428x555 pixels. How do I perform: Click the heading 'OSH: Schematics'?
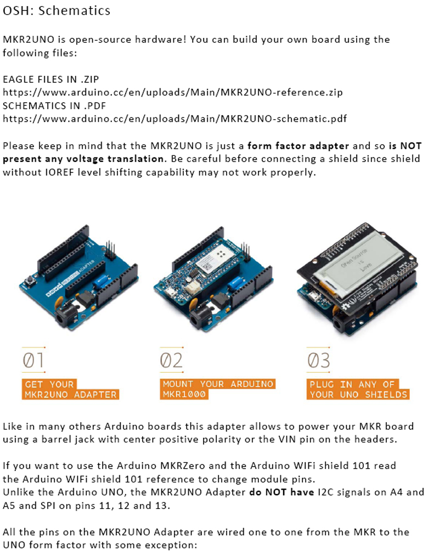[57, 10]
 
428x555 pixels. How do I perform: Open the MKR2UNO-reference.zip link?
[173, 92]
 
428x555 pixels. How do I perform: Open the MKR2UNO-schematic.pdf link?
[174, 119]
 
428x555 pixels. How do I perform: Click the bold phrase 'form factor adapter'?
[298, 146]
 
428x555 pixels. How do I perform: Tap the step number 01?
[33, 360]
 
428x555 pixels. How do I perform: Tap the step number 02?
[171, 360]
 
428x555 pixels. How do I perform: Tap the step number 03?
[318, 360]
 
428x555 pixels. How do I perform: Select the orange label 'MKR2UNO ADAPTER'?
[70, 395]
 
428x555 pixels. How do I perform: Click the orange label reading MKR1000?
[184, 394]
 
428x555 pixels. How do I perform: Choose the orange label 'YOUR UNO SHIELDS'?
[358, 394]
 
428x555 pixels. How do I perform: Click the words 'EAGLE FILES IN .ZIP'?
[51, 79]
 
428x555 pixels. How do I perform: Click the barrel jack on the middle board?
[201, 317]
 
